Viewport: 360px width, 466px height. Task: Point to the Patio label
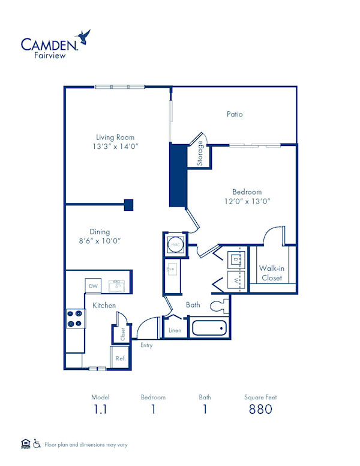[235, 113]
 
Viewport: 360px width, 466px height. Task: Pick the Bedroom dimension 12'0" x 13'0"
[247, 201]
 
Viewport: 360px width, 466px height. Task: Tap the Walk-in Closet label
[272, 273]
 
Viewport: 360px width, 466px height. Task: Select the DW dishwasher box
[93, 286]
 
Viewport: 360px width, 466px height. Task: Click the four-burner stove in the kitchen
[74, 318]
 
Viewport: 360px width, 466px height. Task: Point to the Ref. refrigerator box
[120, 359]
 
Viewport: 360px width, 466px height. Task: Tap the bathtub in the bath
[209, 328]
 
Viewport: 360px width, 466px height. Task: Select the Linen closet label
[175, 331]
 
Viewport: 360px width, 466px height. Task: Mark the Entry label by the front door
[146, 345]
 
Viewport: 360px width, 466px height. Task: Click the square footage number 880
[260, 410]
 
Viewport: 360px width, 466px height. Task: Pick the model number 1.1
[100, 410]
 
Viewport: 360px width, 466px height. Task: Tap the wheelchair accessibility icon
[37, 444]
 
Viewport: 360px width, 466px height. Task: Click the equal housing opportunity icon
[25, 444]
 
